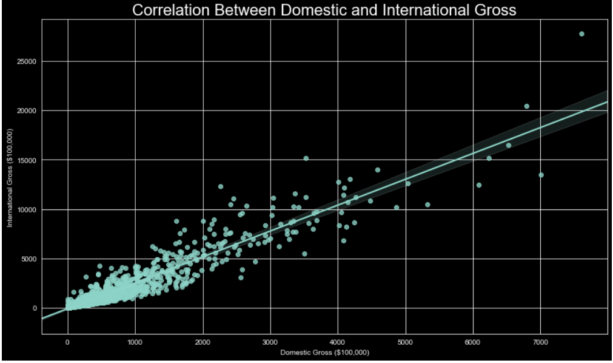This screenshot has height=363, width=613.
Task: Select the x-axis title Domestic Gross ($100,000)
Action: click(x=324, y=353)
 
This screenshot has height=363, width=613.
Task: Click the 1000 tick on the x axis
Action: click(x=135, y=342)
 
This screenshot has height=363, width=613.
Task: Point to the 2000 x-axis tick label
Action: click(x=203, y=342)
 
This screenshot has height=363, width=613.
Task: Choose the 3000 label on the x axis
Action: click(x=270, y=342)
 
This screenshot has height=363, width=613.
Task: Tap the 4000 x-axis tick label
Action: click(x=338, y=342)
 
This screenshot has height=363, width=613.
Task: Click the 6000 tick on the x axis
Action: click(x=473, y=342)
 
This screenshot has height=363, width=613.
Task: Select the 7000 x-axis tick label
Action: click(x=540, y=342)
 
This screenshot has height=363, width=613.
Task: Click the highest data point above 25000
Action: click(x=581, y=34)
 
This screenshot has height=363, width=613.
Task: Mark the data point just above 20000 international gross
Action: click(x=526, y=106)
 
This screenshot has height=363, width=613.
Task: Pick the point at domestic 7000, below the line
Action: click(x=541, y=175)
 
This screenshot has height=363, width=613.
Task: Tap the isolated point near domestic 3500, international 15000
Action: click(x=306, y=158)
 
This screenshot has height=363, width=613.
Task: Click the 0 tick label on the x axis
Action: click(x=68, y=342)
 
